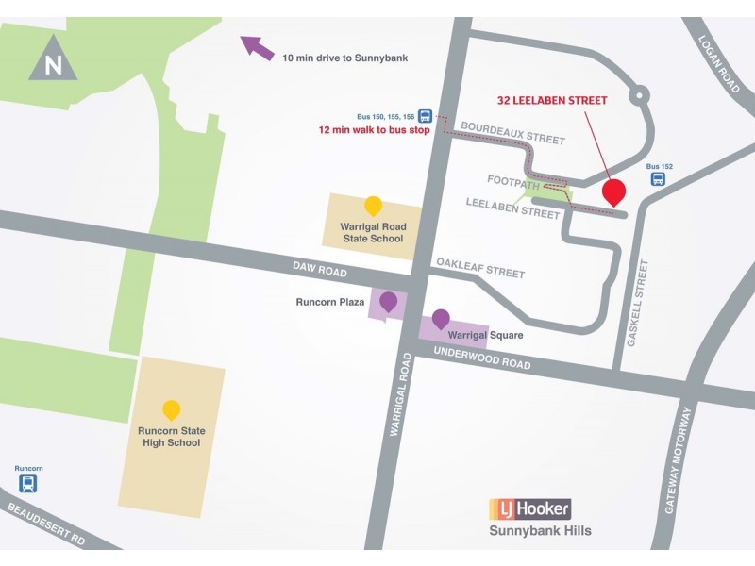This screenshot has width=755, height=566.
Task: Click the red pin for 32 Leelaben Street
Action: [614, 191]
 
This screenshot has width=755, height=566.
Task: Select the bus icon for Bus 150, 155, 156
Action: [426, 116]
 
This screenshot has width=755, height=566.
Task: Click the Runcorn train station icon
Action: [29, 484]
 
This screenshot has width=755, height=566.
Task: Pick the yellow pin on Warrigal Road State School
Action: [374, 206]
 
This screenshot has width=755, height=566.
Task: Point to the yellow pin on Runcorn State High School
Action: [171, 410]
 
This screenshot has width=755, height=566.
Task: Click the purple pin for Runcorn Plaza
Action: [388, 302]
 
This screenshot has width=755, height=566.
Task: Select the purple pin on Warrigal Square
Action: [441, 319]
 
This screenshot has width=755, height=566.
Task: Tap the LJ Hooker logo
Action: [529, 509]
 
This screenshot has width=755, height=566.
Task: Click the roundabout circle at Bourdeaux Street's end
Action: [641, 93]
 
